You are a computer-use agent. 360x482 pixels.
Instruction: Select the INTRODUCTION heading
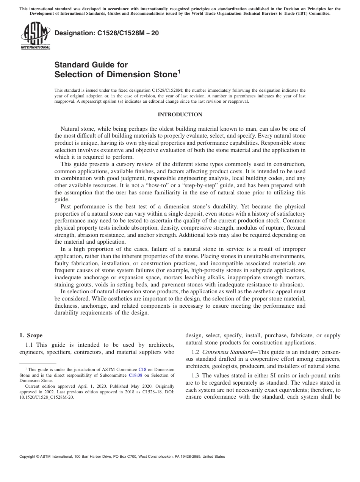(x=180, y=115)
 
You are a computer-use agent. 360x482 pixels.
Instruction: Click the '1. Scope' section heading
(x=31, y=335)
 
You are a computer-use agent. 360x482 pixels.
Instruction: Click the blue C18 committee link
(x=142, y=369)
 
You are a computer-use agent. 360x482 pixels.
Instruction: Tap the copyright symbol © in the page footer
(x=38, y=457)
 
